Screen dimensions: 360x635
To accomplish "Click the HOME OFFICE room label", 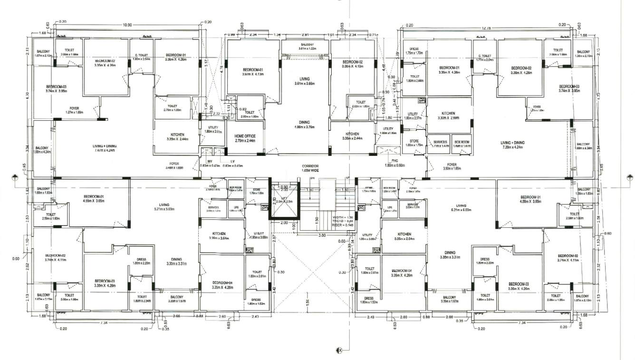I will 245,138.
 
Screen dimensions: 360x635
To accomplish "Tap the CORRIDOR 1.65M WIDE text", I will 311,167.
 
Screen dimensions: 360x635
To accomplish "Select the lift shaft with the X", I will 284,200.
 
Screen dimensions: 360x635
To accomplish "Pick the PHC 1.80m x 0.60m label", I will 394,163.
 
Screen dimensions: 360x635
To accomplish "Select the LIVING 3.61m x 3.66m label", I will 304,81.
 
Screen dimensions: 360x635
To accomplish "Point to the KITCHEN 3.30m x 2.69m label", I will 449,116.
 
